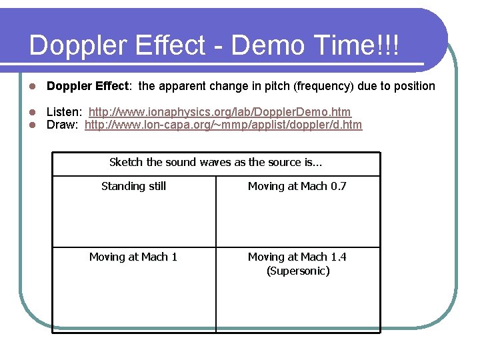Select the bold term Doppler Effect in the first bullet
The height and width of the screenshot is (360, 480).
click(x=89, y=86)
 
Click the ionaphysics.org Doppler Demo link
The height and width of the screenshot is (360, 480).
click(x=220, y=112)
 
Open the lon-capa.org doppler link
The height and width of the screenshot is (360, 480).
click(x=223, y=125)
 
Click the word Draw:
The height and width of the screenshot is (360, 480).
click(x=63, y=125)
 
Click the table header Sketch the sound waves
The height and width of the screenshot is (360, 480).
click(x=216, y=163)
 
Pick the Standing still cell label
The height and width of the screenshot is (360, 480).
click(x=133, y=187)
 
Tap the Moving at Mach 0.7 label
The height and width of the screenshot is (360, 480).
click(x=297, y=187)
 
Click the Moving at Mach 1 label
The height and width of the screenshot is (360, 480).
click(x=133, y=257)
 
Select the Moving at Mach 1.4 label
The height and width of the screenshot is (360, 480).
click(x=297, y=257)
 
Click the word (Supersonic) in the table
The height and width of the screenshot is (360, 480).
click(x=298, y=271)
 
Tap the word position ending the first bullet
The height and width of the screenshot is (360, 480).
click(x=413, y=86)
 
